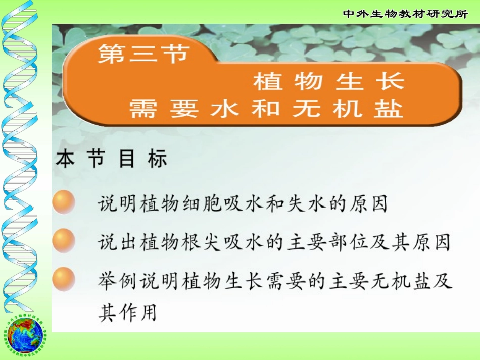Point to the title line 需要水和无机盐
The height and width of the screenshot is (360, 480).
[x=266, y=108]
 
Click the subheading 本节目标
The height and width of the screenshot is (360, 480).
[x=111, y=160]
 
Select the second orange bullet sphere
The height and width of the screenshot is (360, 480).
[x=64, y=240]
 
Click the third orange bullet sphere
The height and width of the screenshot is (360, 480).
[x=64, y=278]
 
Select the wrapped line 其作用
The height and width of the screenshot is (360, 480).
[x=127, y=313]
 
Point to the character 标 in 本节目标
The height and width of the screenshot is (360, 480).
[x=157, y=160]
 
